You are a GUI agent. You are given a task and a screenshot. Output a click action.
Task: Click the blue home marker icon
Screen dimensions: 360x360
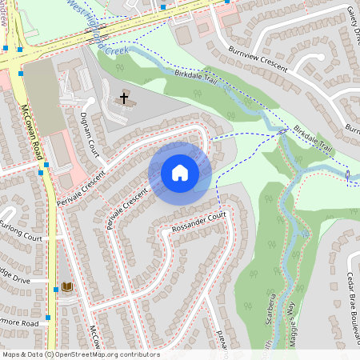coord(180,172)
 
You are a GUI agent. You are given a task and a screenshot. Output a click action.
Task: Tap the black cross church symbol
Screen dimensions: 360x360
coord(124,98)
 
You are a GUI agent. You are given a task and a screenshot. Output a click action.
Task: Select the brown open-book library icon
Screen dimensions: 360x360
coord(67,286)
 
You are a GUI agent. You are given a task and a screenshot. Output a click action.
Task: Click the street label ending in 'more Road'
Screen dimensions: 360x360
coord(19,323)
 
